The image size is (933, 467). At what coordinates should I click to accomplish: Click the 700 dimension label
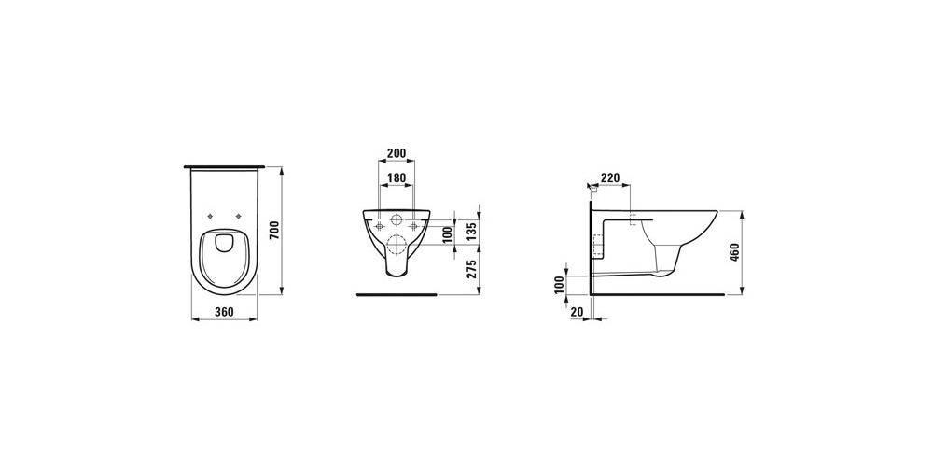point(274,230)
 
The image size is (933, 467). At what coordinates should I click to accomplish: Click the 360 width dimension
point(224,312)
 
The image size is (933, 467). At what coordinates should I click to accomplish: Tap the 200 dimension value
point(397,153)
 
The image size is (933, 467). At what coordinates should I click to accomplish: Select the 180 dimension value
point(397,177)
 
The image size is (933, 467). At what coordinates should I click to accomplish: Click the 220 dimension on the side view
point(610,177)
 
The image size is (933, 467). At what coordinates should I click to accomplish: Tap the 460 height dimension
point(734,252)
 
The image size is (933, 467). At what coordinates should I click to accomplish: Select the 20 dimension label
point(577,312)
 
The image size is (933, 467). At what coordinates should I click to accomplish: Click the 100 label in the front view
point(448,234)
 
